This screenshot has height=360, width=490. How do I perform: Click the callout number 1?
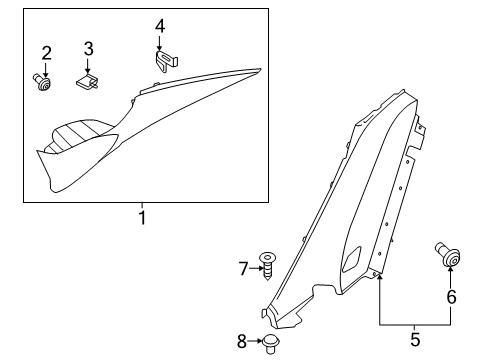141,217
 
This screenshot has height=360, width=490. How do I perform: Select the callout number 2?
46,53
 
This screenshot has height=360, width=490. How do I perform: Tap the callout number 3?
88,48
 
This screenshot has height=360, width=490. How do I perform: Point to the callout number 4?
160,25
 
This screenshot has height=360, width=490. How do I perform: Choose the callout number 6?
450,297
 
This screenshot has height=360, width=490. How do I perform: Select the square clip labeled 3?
90,80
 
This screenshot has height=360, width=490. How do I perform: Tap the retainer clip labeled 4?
165,61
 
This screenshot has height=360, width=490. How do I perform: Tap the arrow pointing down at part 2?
46,68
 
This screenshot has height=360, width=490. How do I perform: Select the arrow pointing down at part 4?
160,42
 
